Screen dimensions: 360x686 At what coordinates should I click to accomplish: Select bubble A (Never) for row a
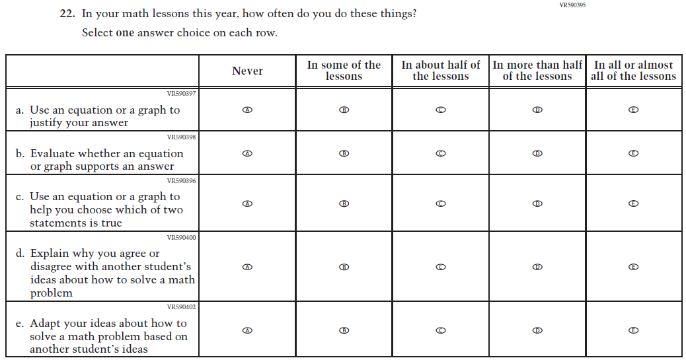[247, 110]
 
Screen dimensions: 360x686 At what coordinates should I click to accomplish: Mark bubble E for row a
[633, 110]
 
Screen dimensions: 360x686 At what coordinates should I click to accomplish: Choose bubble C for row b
[441, 153]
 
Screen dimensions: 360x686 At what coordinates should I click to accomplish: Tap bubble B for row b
[344, 153]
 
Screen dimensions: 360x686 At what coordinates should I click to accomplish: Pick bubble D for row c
[537, 203]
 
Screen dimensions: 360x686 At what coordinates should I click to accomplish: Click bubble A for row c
[247, 203]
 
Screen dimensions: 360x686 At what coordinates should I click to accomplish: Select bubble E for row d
[633, 267]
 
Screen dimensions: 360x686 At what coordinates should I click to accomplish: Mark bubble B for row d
[344, 267]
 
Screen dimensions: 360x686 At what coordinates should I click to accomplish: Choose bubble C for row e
[441, 330]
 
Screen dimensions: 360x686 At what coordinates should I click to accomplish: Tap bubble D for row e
[537, 330]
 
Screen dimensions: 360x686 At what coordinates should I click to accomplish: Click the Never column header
[247, 71]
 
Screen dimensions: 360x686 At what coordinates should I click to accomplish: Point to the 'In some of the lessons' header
[344, 71]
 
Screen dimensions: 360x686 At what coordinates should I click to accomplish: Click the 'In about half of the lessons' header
[441, 71]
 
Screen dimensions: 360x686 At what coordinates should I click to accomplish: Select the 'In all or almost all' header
[633, 71]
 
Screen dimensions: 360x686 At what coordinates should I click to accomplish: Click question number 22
[67, 14]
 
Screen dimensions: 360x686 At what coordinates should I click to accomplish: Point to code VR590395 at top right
[572, 5]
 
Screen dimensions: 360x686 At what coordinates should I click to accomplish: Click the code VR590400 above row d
[181, 237]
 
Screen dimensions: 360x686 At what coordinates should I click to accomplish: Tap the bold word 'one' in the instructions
[125, 33]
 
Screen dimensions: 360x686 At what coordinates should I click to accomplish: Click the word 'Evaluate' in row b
[53, 153]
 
